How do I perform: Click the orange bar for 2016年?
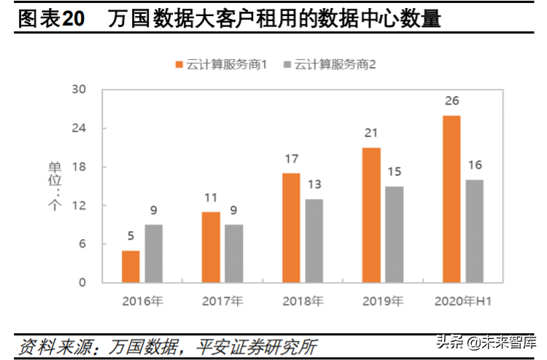[131, 266]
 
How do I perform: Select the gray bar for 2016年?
[153, 253]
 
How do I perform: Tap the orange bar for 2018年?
[291, 227]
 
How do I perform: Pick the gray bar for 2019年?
[395, 234]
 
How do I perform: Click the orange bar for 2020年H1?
[451, 198]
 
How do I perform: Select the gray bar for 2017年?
[233, 253]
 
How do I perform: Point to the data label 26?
[451, 101]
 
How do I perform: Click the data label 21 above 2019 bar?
[371, 133]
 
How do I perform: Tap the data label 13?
[314, 184]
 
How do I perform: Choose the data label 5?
[131, 235]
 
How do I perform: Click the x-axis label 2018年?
[303, 301]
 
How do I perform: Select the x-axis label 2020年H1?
[463, 301]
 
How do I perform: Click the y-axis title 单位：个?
[55, 187]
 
